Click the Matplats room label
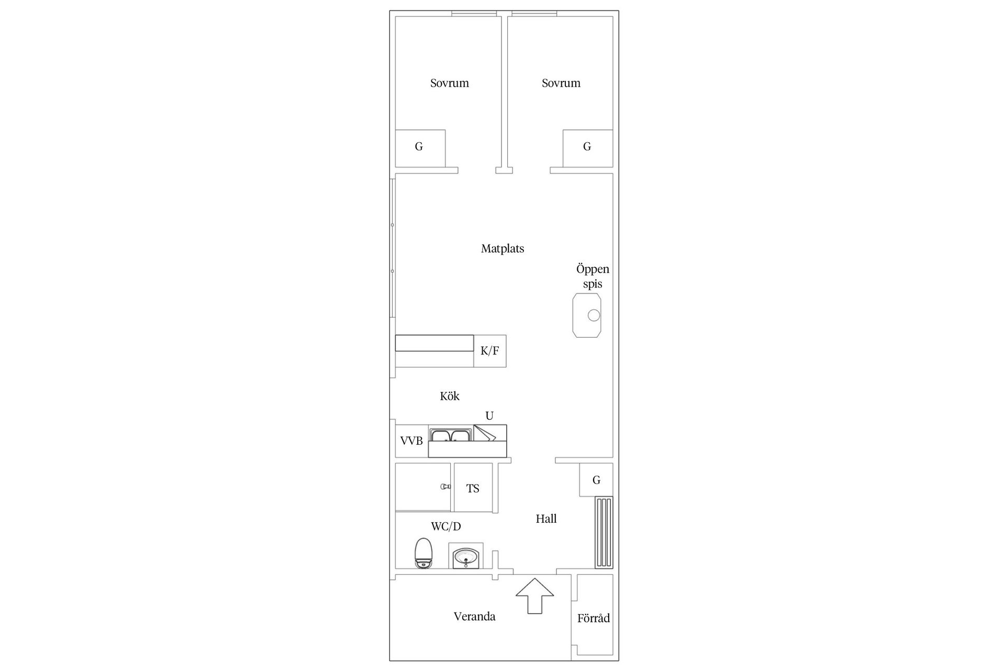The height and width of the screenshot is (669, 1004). click(503, 249)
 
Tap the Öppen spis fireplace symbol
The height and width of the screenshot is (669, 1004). click(587, 315)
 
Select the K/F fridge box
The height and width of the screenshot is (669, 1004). click(490, 351)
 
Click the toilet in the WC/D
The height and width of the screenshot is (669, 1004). click(423, 553)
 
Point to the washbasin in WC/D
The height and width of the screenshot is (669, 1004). click(465, 557)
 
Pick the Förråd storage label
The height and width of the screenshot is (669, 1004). click(594, 618)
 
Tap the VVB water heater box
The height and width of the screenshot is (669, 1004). click(412, 441)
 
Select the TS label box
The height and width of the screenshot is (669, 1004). click(473, 488)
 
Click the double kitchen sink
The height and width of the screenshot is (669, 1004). click(450, 436)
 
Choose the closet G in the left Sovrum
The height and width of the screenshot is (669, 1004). click(419, 147)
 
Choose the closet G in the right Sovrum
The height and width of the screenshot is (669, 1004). click(587, 147)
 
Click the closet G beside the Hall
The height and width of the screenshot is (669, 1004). click(596, 480)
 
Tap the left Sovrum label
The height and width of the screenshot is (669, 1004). click(450, 83)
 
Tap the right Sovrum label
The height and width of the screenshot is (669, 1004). click(561, 83)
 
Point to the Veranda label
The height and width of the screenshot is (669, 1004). click(474, 617)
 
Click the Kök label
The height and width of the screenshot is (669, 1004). click(450, 396)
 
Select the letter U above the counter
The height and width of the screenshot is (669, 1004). click(489, 416)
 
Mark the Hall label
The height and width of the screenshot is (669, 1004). click(546, 519)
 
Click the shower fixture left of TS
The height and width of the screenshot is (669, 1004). click(445, 487)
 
